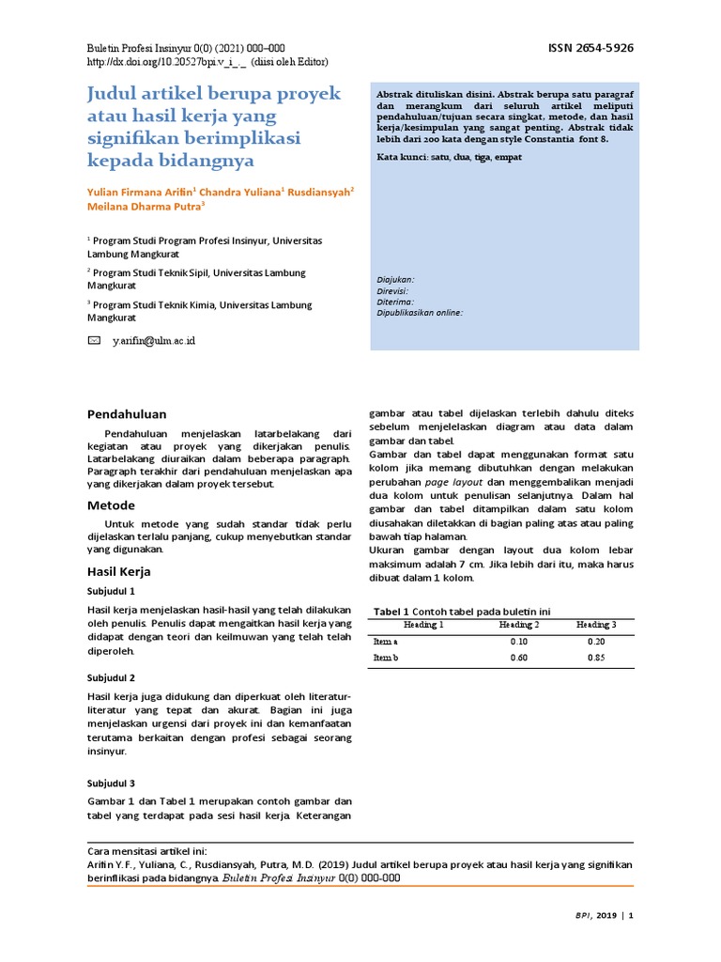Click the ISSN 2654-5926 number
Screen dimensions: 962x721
click(591, 47)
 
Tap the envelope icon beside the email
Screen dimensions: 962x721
click(94, 340)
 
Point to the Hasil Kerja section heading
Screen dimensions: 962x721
click(118, 571)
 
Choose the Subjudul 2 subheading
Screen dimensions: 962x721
click(112, 677)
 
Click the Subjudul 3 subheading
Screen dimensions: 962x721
click(112, 783)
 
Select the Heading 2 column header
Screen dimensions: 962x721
click(518, 624)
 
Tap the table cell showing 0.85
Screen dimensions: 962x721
click(596, 658)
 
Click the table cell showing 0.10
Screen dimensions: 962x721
click(518, 641)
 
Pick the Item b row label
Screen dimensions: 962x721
click(386, 658)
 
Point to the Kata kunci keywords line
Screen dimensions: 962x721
click(449, 158)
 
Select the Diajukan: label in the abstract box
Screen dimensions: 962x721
click(395, 280)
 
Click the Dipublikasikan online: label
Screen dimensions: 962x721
click(420, 313)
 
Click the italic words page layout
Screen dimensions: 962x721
click(455, 481)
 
